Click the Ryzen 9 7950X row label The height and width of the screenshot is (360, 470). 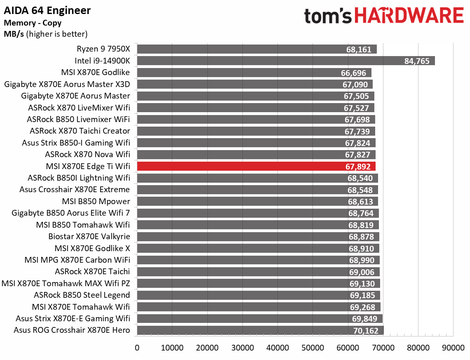pos(103,49)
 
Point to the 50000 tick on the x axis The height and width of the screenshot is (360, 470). pos(313,348)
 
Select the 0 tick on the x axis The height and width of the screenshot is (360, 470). pos(137,348)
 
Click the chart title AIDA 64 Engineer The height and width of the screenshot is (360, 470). pos(47,10)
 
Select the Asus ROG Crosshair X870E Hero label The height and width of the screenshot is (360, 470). pos(72,330)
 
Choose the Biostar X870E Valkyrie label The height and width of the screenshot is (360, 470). pos(89,236)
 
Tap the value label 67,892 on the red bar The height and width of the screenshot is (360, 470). pos(358,167)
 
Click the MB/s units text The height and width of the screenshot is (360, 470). pos(14,34)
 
